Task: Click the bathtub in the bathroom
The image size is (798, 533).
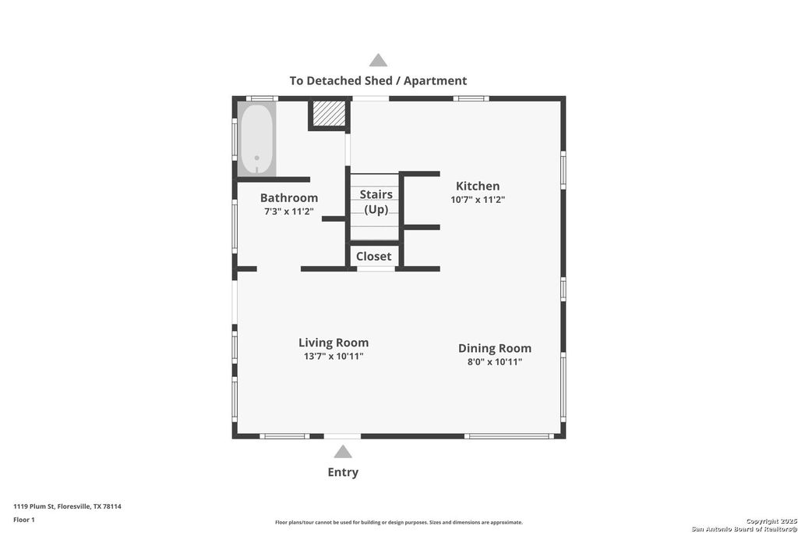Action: coord(256,140)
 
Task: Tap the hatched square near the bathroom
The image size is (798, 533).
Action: coord(329,113)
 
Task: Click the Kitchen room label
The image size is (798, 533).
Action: coord(478,186)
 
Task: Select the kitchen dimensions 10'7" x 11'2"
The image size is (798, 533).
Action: coord(478,200)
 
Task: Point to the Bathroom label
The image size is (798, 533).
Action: coord(289,198)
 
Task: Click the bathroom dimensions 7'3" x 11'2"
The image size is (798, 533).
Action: coord(289,211)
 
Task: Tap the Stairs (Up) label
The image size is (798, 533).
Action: coord(376,202)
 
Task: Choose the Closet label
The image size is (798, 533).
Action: coord(374,256)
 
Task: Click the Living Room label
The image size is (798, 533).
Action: coord(334,343)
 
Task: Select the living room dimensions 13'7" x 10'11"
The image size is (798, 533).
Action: coord(334,357)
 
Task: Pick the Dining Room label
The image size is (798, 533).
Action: coord(495,348)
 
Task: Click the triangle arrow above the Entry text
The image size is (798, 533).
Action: coord(342,452)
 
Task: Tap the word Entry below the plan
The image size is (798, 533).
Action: coord(343,472)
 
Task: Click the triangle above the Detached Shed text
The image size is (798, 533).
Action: coord(378,60)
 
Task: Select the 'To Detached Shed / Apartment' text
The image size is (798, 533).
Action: coord(378,80)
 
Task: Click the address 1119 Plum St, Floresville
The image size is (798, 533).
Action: coord(67,506)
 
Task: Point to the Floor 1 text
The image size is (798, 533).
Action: coord(24,520)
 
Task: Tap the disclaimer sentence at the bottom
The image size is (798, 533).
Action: coord(398,523)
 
